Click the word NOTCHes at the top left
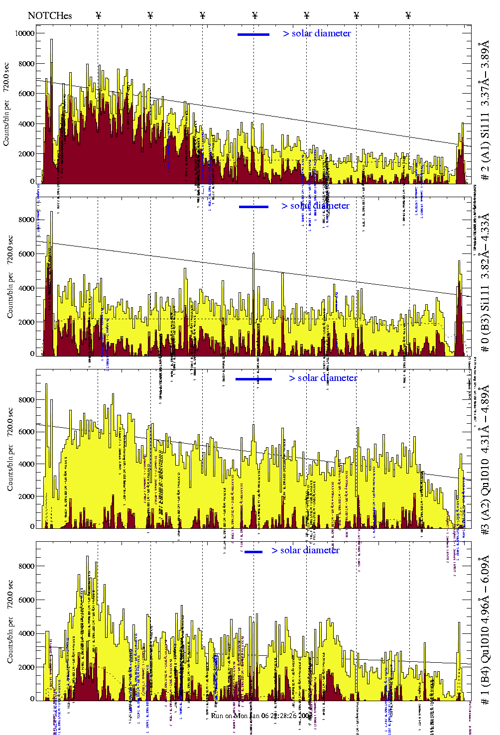[50, 15]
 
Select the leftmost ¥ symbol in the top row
[98, 15]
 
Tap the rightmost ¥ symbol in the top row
[408, 15]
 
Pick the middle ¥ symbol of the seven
[254, 15]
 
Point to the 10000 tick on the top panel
[24, 33]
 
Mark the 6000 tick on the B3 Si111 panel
[26, 254]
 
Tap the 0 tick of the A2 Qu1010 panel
[32, 526]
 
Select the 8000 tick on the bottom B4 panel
[26, 566]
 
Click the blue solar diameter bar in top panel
[253, 34]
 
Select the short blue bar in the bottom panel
[253, 552]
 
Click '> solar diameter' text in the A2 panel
[323, 378]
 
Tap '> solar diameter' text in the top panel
[317, 33]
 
